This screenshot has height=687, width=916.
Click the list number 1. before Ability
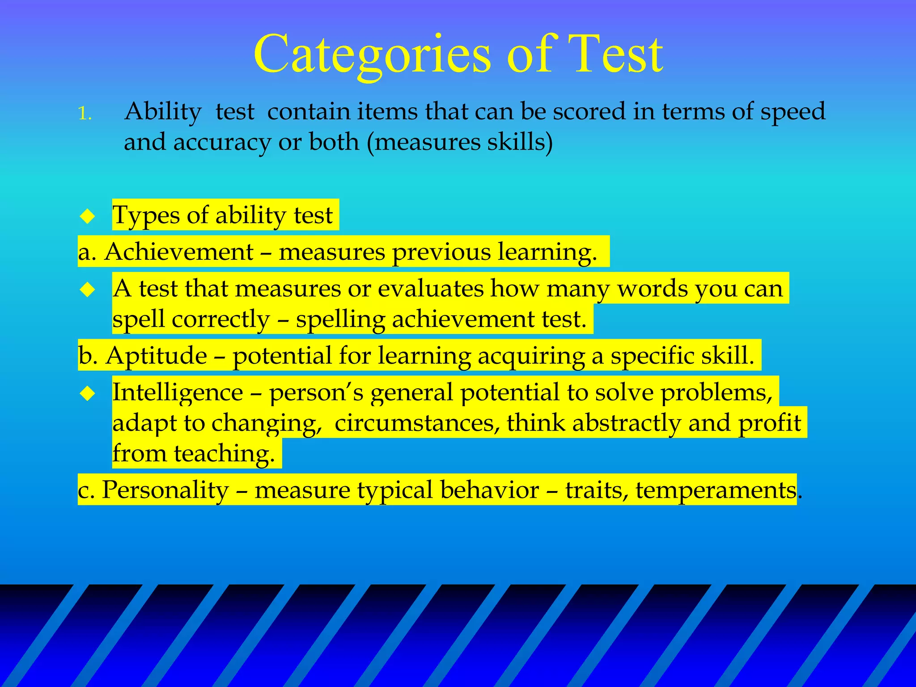coord(85,114)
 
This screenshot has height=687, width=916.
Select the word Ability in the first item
coord(163,112)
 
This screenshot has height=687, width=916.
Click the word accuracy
coord(222,142)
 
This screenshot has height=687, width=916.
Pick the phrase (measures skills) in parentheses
coord(460,142)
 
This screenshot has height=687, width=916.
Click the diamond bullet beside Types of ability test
coord(88,216)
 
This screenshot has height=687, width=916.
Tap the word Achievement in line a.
coord(179,252)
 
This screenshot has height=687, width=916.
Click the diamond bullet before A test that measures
coord(88,289)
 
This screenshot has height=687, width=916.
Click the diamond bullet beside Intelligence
coord(88,393)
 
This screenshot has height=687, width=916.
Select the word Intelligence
coord(178,393)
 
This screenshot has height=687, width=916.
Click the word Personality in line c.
coord(165,490)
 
